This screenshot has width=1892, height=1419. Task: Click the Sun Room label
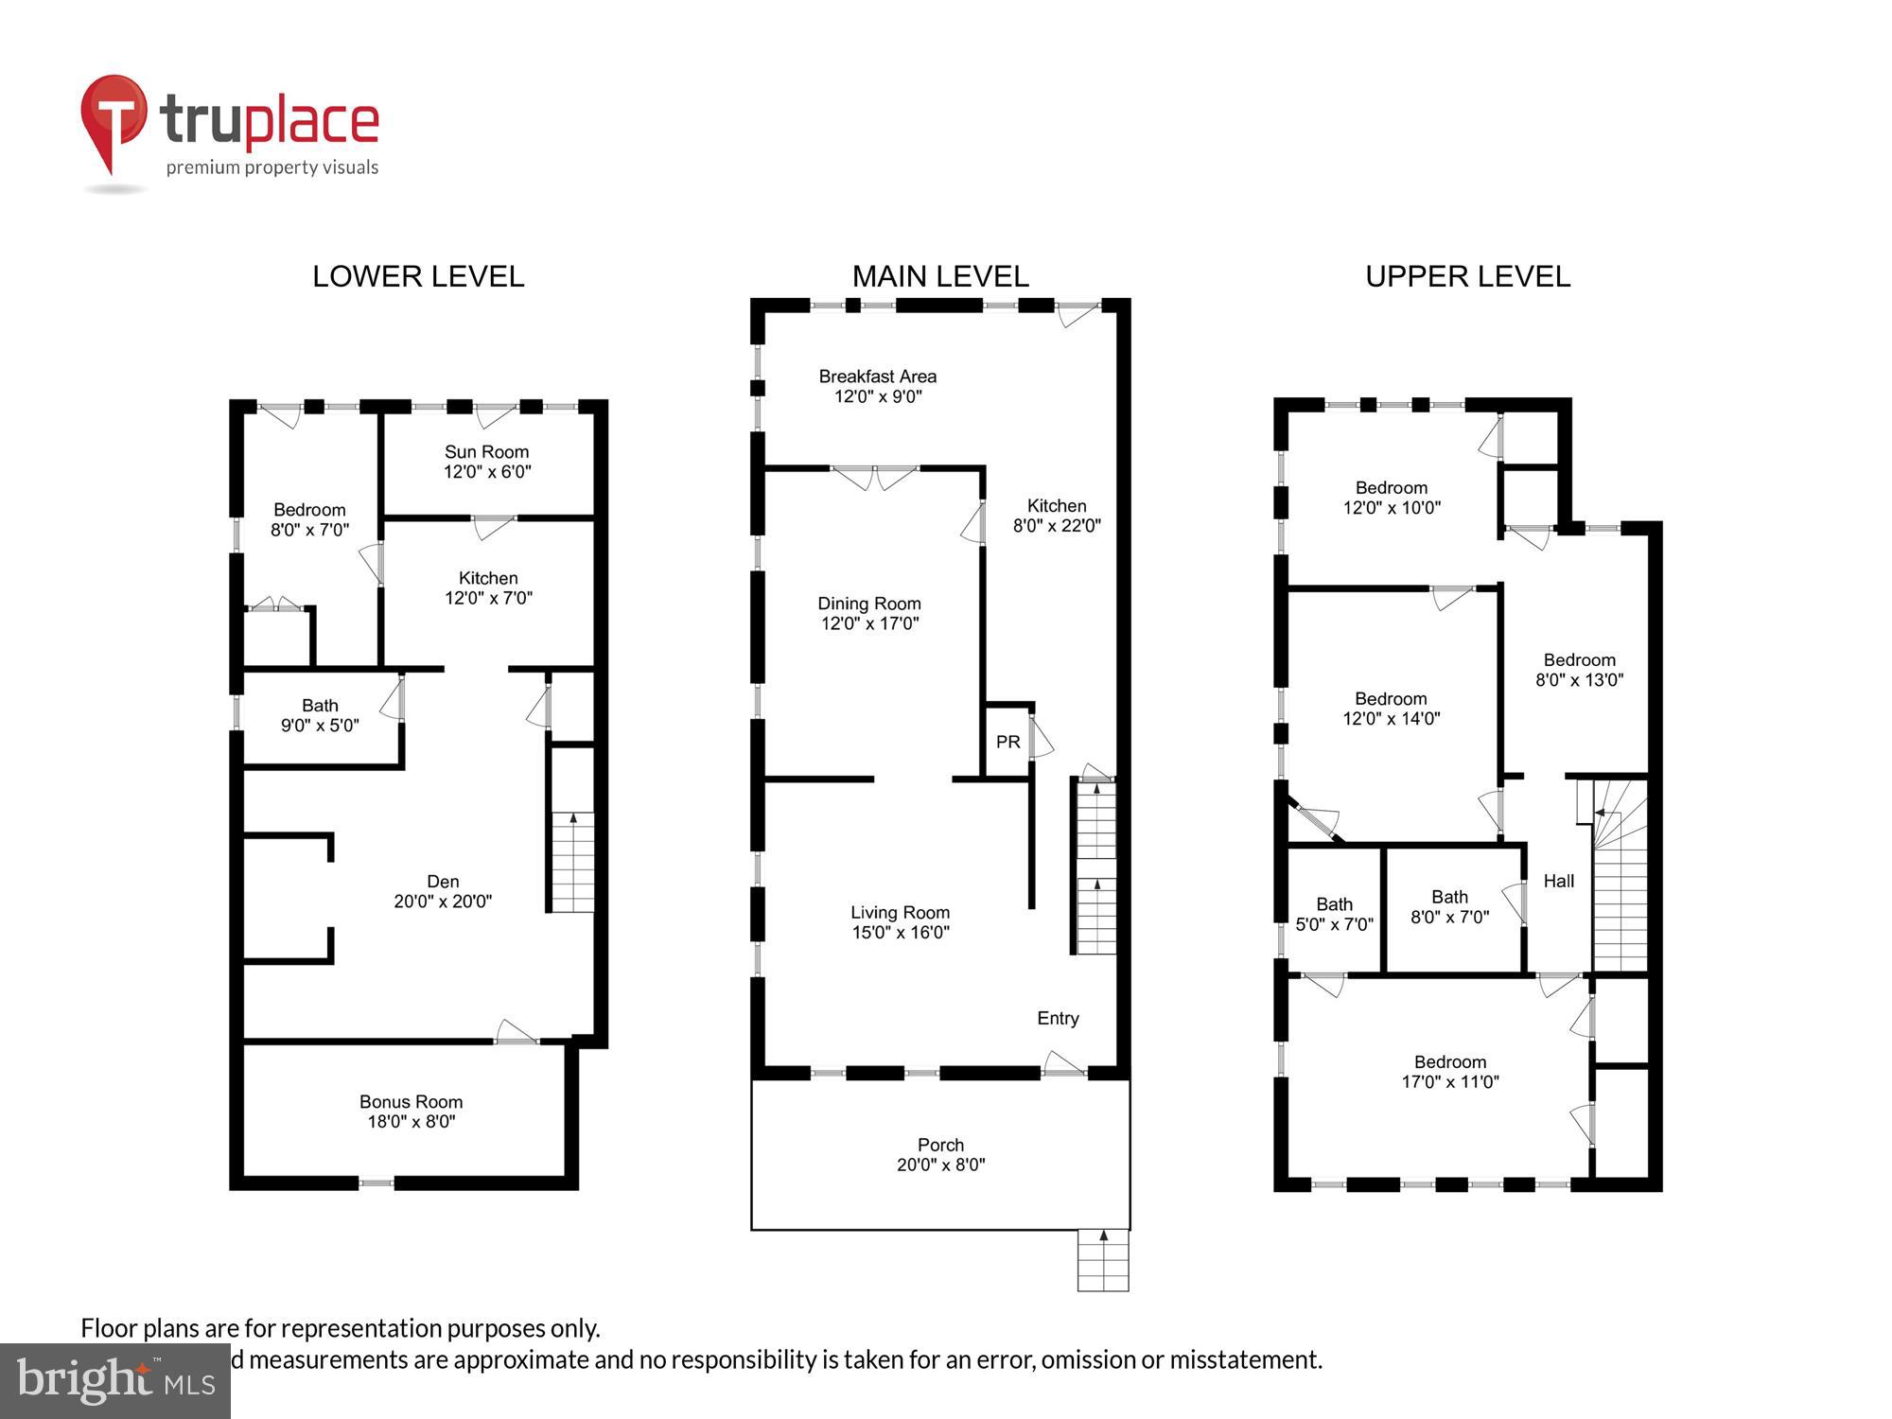[x=487, y=452]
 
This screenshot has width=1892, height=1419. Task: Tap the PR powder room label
[x=1007, y=742]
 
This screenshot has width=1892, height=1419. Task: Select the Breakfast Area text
[x=877, y=377]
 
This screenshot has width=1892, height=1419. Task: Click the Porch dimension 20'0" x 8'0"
[x=940, y=1165]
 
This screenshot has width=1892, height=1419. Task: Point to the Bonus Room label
[x=411, y=1102]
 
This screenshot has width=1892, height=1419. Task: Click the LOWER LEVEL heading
[x=418, y=276]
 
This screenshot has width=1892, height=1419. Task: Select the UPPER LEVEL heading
[x=1467, y=276]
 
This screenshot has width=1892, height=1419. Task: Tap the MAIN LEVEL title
[x=940, y=276]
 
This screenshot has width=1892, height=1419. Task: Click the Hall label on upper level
[x=1558, y=881]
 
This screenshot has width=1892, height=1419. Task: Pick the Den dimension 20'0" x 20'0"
[x=443, y=902]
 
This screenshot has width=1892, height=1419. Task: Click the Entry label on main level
[x=1058, y=1018]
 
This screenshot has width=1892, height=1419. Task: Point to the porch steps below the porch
[x=1103, y=1260]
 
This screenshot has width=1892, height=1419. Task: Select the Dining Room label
[x=869, y=604]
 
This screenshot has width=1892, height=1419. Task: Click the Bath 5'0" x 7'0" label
[x=1334, y=914]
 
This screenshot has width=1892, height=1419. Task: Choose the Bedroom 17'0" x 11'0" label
[x=1450, y=1072]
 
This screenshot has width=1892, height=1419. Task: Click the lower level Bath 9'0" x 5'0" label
[x=320, y=715]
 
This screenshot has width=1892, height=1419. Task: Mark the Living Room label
[x=900, y=913]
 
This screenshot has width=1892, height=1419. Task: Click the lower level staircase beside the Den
[x=572, y=862]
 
